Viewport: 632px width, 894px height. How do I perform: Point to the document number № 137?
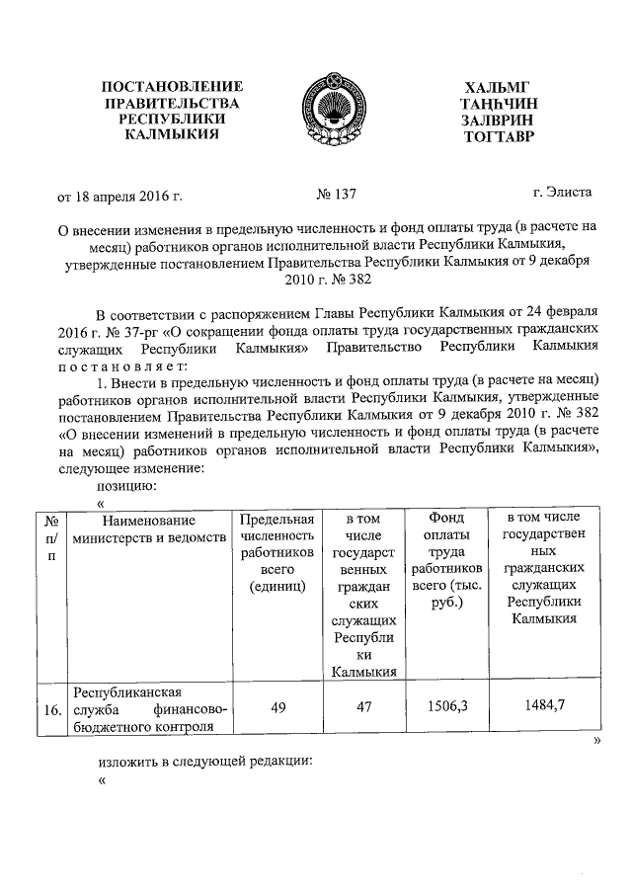[x=337, y=197]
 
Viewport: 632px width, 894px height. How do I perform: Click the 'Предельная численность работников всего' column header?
[x=277, y=553]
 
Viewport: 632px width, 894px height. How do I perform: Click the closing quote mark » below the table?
[x=596, y=741]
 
